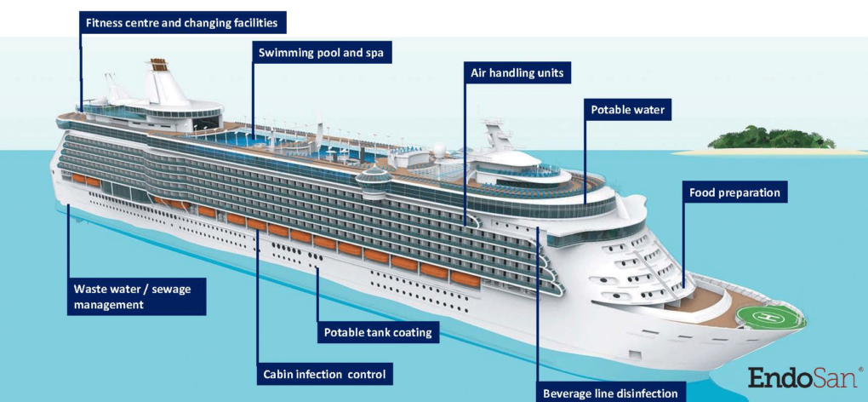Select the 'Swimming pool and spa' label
pyautogui.click(x=322, y=53)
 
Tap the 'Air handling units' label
pyautogui.click(x=517, y=73)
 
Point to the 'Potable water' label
pyautogui.click(x=627, y=110)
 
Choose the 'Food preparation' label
pyautogui.click(x=734, y=192)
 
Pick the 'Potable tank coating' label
pyautogui.click(x=377, y=332)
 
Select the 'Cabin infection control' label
pyautogui.click(x=324, y=374)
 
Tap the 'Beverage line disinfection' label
pyautogui.click(x=610, y=393)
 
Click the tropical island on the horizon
pyautogui.click(x=761, y=140)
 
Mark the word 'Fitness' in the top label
pyautogui.click(x=106, y=21)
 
